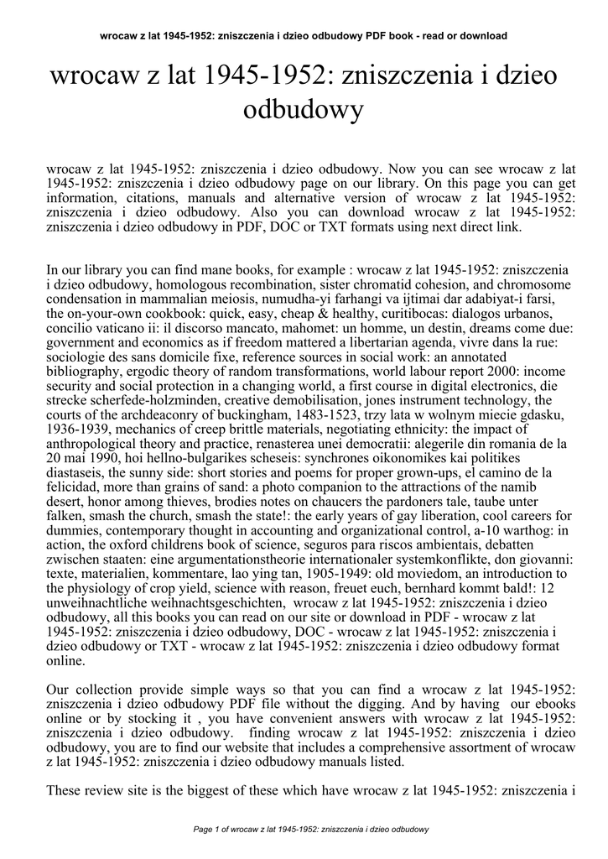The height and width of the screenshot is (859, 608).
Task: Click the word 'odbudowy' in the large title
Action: (x=304, y=110)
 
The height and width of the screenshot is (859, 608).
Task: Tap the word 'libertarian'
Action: (x=398, y=342)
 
